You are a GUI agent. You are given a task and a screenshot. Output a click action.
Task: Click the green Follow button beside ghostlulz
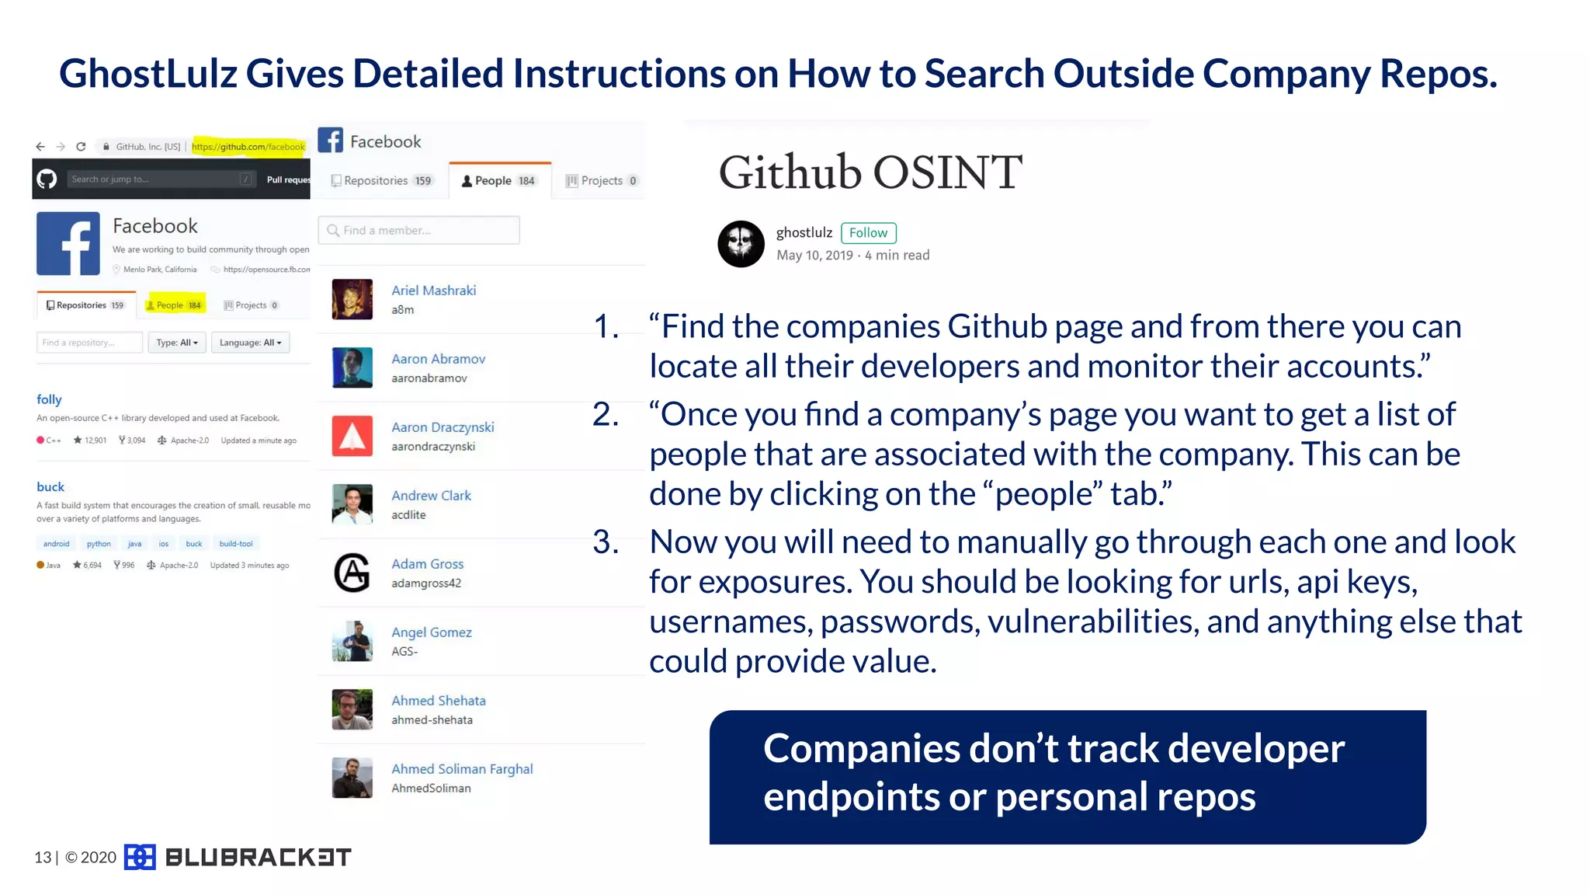point(868,233)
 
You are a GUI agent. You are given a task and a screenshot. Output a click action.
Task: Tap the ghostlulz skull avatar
point(741,244)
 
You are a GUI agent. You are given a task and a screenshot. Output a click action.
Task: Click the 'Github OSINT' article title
point(870,172)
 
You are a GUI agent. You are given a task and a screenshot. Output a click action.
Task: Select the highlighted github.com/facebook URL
point(248,146)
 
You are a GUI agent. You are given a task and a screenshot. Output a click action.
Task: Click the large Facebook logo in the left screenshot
point(68,244)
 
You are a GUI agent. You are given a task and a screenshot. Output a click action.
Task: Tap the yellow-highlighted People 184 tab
point(175,305)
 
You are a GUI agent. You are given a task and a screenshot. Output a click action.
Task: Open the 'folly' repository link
point(49,399)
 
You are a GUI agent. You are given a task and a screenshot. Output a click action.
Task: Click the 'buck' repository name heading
point(50,487)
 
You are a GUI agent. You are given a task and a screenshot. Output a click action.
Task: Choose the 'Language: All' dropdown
point(250,343)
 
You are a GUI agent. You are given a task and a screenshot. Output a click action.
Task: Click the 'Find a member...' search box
point(419,231)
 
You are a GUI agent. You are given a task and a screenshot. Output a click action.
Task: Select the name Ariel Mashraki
point(433,291)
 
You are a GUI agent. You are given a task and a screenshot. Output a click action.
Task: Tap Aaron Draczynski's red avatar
point(352,436)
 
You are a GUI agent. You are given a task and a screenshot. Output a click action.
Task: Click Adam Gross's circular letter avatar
point(352,573)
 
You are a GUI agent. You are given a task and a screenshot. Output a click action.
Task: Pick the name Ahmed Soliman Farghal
point(462,769)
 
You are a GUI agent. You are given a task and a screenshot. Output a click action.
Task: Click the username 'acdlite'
point(408,515)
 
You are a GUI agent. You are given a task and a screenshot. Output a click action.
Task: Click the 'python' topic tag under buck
point(99,544)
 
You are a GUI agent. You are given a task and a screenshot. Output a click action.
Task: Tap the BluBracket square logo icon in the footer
point(140,857)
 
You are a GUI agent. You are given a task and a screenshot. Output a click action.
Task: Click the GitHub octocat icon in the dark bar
point(47,179)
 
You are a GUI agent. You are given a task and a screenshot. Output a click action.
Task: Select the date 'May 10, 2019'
point(814,256)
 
